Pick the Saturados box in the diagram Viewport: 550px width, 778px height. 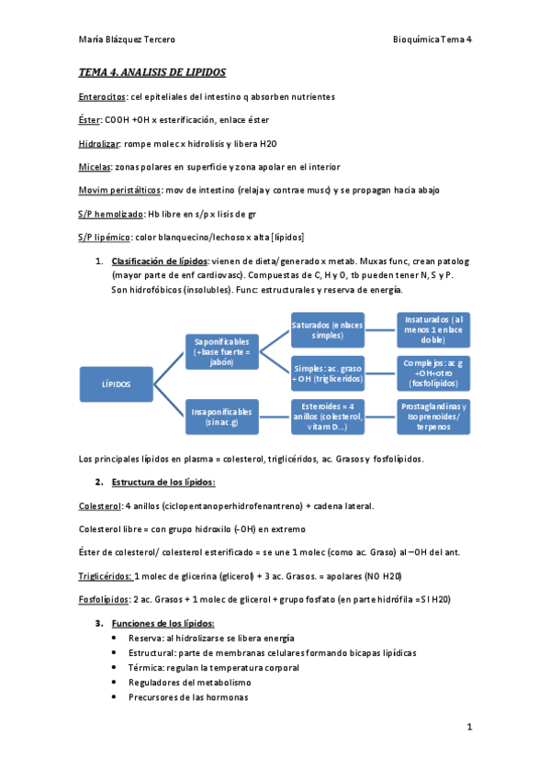327,330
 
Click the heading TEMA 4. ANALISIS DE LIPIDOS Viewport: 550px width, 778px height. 152,72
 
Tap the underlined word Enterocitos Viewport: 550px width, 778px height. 102,96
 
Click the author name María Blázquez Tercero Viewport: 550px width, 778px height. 127,39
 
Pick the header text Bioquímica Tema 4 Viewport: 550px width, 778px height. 432,39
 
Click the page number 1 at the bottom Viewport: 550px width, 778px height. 468,728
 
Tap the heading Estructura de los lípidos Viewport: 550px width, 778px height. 163,482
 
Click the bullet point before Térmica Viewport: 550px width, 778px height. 113,668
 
